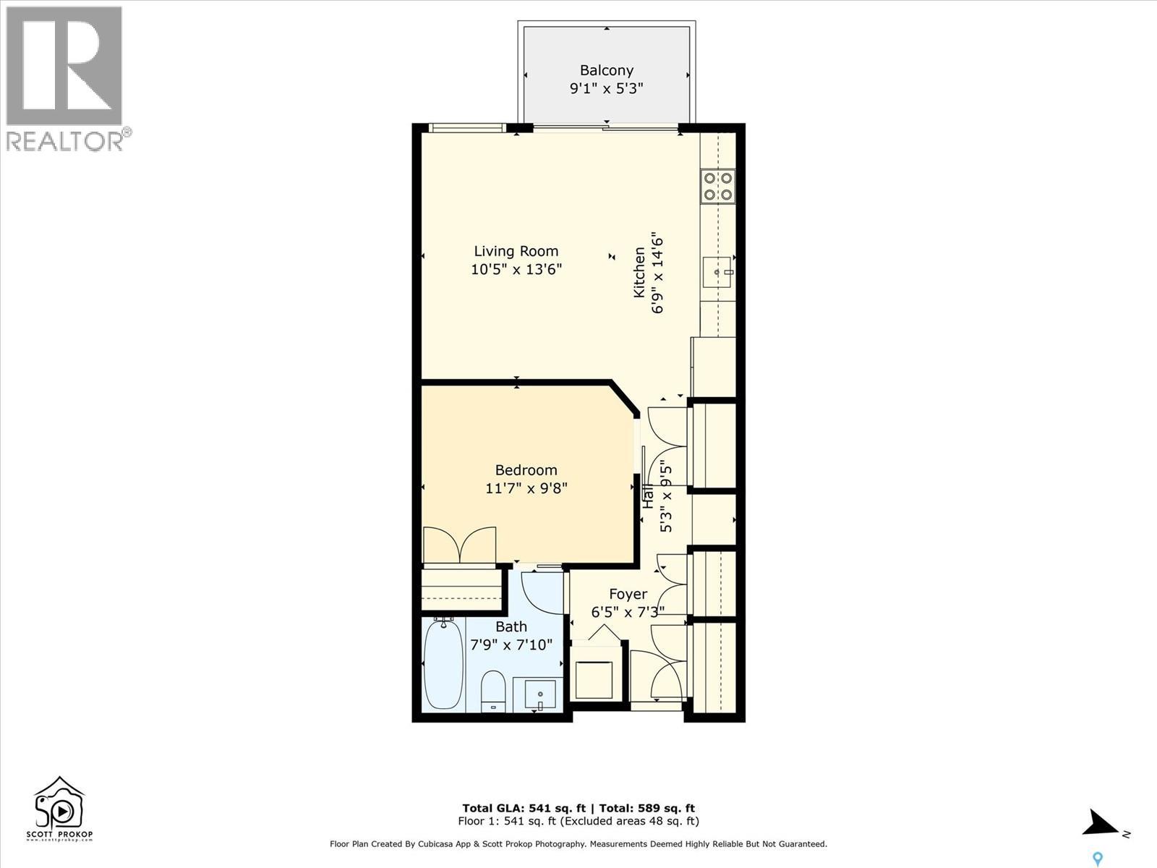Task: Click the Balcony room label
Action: [x=606, y=70]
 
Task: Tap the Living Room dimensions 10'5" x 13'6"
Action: [x=516, y=270]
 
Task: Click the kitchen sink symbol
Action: [x=717, y=273]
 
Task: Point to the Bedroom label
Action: [x=526, y=470]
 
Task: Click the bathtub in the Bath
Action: [x=443, y=665]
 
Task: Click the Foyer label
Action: [x=627, y=594]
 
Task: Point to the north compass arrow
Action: [x=1101, y=823]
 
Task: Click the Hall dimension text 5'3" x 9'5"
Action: [x=666, y=501]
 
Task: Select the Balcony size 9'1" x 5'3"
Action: [x=606, y=89]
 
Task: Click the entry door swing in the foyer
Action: [x=657, y=677]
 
